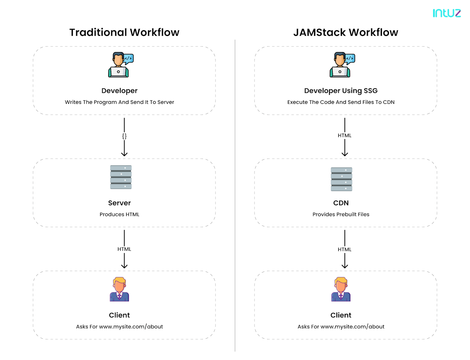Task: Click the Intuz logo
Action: (x=446, y=13)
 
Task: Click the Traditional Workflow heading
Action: (x=124, y=32)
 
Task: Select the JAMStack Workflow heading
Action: (x=345, y=32)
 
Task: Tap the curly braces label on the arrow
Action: (x=124, y=136)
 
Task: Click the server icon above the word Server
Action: (x=121, y=177)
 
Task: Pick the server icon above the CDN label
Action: (x=342, y=179)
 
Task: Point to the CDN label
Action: (x=341, y=203)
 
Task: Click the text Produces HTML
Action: (x=119, y=214)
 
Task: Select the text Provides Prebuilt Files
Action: (x=341, y=214)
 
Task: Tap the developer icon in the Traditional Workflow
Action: (x=119, y=65)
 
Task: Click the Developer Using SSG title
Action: (x=341, y=91)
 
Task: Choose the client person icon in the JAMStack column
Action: (x=341, y=289)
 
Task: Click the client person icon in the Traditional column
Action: (x=119, y=289)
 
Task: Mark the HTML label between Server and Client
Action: (x=124, y=249)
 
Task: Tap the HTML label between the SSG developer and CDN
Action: (x=345, y=136)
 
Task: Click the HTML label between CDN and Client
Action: (x=345, y=249)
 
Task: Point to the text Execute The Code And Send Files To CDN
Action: (x=341, y=102)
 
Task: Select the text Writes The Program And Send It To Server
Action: (x=119, y=102)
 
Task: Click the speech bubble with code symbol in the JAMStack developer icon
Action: (x=349, y=59)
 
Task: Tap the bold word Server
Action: (x=119, y=203)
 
